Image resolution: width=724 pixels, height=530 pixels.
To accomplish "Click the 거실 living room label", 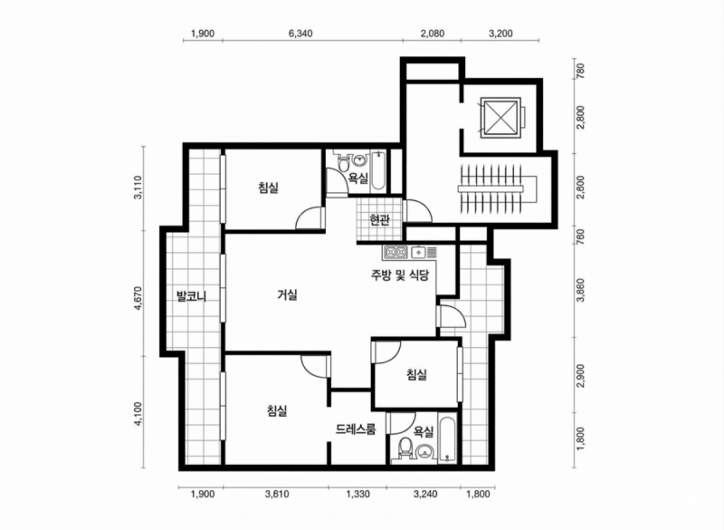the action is (x=287, y=294).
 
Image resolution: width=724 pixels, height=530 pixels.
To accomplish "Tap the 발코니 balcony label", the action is (x=192, y=296).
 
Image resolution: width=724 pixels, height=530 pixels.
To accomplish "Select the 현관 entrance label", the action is (x=379, y=220).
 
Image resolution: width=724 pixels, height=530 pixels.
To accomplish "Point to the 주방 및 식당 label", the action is (x=400, y=275).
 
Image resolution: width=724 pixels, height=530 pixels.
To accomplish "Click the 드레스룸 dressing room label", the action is (x=356, y=429).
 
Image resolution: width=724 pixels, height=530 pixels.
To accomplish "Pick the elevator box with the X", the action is (x=500, y=117).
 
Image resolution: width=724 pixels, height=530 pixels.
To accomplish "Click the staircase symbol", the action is (x=498, y=188).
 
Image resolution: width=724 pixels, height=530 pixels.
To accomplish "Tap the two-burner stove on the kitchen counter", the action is (x=396, y=252).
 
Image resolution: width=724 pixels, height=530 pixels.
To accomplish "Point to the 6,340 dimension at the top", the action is (x=300, y=34).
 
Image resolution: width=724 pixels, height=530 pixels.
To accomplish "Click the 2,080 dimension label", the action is (x=433, y=34).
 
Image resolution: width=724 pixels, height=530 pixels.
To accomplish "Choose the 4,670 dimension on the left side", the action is (x=138, y=299).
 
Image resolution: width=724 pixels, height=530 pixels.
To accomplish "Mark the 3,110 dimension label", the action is (x=138, y=188).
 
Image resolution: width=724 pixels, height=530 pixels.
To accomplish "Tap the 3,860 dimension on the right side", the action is (x=581, y=290).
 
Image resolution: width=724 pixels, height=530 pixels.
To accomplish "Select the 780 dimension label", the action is (x=581, y=72).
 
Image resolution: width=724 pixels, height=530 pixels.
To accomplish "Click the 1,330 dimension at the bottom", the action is (x=357, y=495).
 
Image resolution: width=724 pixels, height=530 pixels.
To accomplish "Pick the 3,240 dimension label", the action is (x=425, y=495).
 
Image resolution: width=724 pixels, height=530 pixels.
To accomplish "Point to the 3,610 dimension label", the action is (x=277, y=495).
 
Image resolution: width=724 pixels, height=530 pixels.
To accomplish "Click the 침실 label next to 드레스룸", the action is (x=277, y=410).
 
